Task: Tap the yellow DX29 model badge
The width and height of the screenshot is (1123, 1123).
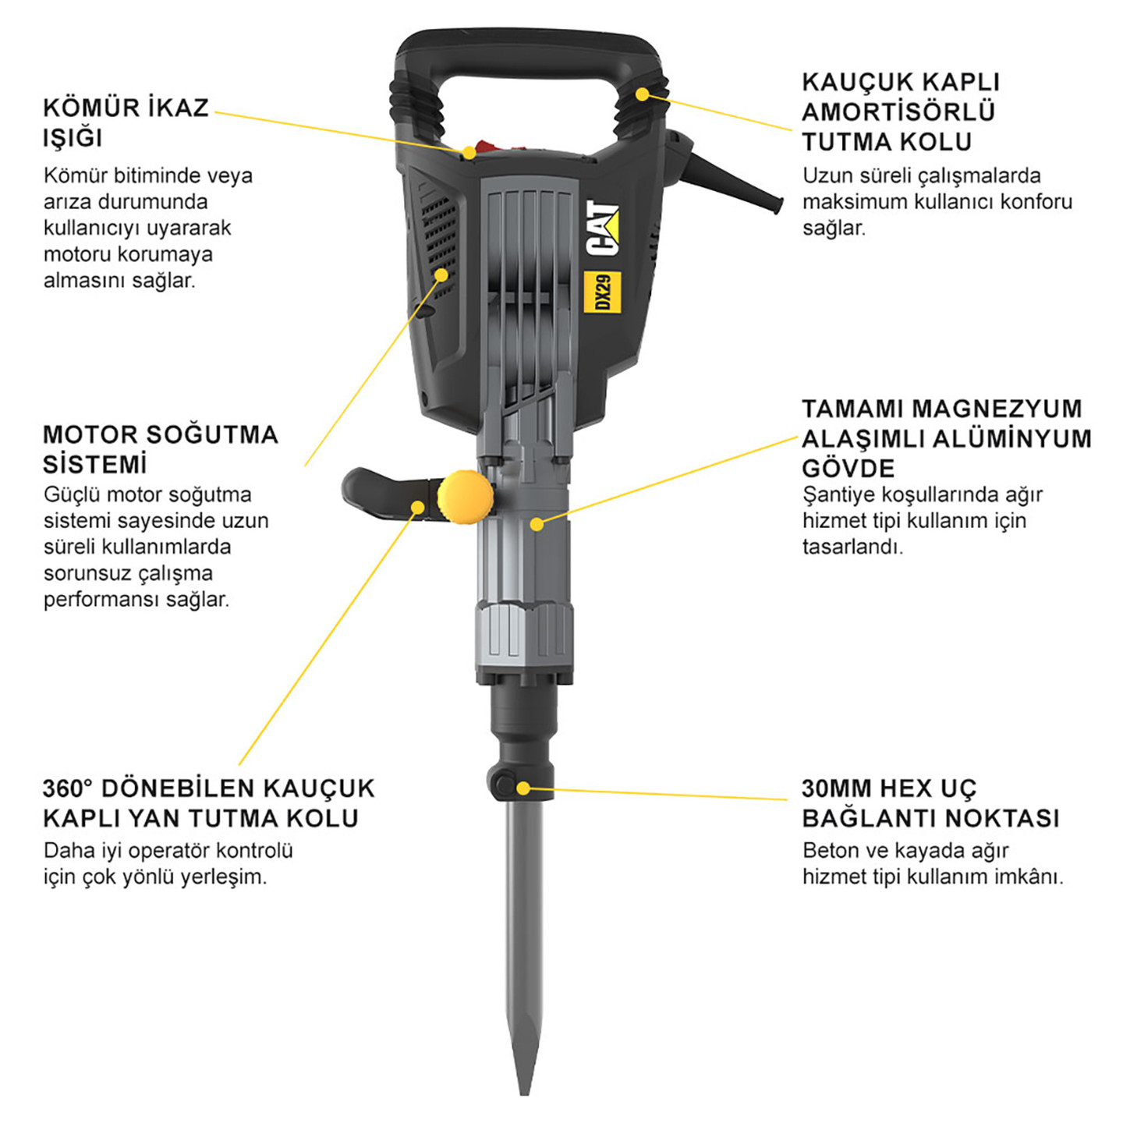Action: pyautogui.click(x=603, y=292)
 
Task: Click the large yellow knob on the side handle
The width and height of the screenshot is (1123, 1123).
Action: pyautogui.click(x=465, y=497)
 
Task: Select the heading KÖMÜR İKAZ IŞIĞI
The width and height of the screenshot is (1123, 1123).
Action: pyautogui.click(x=126, y=123)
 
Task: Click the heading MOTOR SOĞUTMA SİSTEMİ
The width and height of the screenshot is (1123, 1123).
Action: pyautogui.click(x=161, y=449)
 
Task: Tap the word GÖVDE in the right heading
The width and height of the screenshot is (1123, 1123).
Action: pyautogui.click(x=848, y=469)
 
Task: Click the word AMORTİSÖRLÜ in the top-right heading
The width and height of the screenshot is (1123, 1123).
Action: pyautogui.click(x=898, y=112)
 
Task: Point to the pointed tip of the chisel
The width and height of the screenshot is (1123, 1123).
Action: pyautogui.click(x=525, y=1092)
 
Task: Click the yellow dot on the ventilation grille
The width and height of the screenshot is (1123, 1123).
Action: pyautogui.click(x=442, y=275)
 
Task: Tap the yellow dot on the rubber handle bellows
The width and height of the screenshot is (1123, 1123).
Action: pyautogui.click(x=642, y=94)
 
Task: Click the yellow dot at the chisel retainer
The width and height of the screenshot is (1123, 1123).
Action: pyautogui.click(x=523, y=788)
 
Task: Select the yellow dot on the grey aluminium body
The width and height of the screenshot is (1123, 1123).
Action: pyautogui.click(x=537, y=524)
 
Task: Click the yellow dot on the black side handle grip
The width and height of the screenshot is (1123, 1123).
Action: pyautogui.click(x=418, y=506)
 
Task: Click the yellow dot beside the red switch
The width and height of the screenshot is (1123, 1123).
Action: pyautogui.click(x=469, y=153)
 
